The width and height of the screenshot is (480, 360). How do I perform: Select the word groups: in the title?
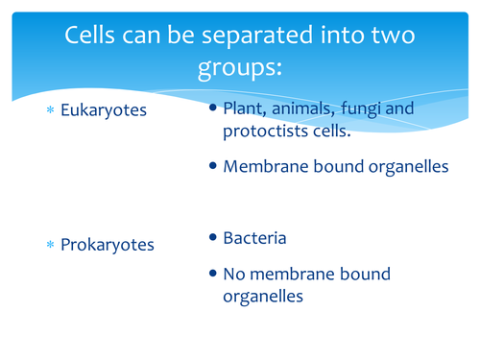(239, 70)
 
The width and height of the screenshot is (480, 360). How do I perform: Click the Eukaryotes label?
(103, 110)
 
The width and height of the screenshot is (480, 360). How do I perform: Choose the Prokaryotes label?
(107, 245)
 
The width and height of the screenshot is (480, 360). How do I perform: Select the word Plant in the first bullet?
(244, 108)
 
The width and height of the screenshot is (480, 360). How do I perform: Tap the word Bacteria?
(254, 236)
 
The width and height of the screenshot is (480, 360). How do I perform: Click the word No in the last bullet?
(234, 274)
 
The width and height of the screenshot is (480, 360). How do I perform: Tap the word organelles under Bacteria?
(263, 297)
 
